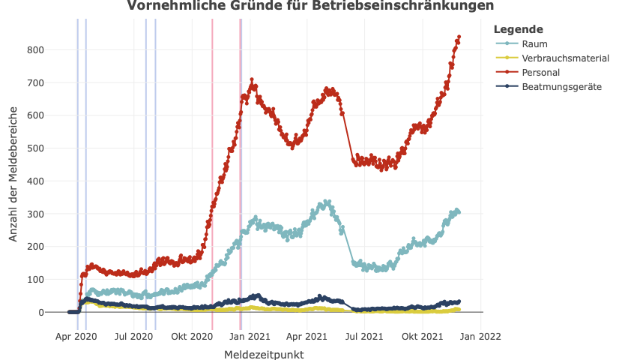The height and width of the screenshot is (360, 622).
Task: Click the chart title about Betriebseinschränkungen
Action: [x=310, y=6]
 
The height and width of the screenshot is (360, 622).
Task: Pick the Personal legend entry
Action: [x=541, y=72]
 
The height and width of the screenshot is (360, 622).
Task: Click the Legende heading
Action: [x=519, y=29]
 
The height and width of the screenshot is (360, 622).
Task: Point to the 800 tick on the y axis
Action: [x=35, y=49]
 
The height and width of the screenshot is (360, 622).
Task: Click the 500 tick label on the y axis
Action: [x=35, y=148]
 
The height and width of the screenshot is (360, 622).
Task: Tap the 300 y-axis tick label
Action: [x=35, y=214]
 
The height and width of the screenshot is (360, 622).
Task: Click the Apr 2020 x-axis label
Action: [x=76, y=337]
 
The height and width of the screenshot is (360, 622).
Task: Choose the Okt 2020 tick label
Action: [x=192, y=337]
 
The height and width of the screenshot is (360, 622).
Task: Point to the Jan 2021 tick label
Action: [x=250, y=337]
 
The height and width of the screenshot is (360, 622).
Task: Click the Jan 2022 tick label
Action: [x=480, y=337]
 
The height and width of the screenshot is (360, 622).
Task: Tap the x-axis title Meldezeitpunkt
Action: [x=264, y=355]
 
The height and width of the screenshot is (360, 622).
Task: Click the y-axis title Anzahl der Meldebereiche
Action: [x=13, y=172]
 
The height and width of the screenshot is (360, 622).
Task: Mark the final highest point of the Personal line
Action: [x=459, y=37]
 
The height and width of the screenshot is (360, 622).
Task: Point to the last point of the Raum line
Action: [x=459, y=212]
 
